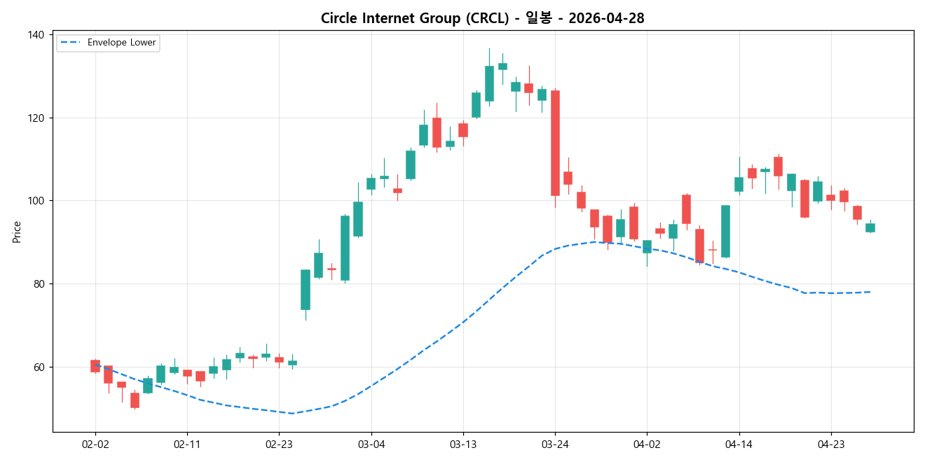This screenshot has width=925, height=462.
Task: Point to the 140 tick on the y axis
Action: pos(36,35)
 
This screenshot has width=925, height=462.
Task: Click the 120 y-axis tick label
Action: pos(36,118)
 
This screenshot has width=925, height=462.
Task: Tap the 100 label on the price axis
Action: pos(36,201)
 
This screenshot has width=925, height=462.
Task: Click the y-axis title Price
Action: pos(17,232)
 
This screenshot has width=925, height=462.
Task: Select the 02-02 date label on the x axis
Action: pos(95,444)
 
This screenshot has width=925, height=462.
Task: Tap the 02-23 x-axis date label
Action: pos(279,444)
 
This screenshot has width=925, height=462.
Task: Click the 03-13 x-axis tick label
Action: pos(463,444)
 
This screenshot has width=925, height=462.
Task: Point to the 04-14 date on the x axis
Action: pos(739,444)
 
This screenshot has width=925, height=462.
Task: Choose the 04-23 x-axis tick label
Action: pos(830,444)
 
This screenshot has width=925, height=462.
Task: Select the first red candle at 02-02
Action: pos(95,365)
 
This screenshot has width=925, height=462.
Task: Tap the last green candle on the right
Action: pos(870,227)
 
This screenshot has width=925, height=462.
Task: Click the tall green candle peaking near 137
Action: pos(489,83)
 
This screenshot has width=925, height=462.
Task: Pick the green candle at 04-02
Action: pos(647,246)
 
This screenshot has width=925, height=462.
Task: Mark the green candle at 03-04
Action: pos(371,183)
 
